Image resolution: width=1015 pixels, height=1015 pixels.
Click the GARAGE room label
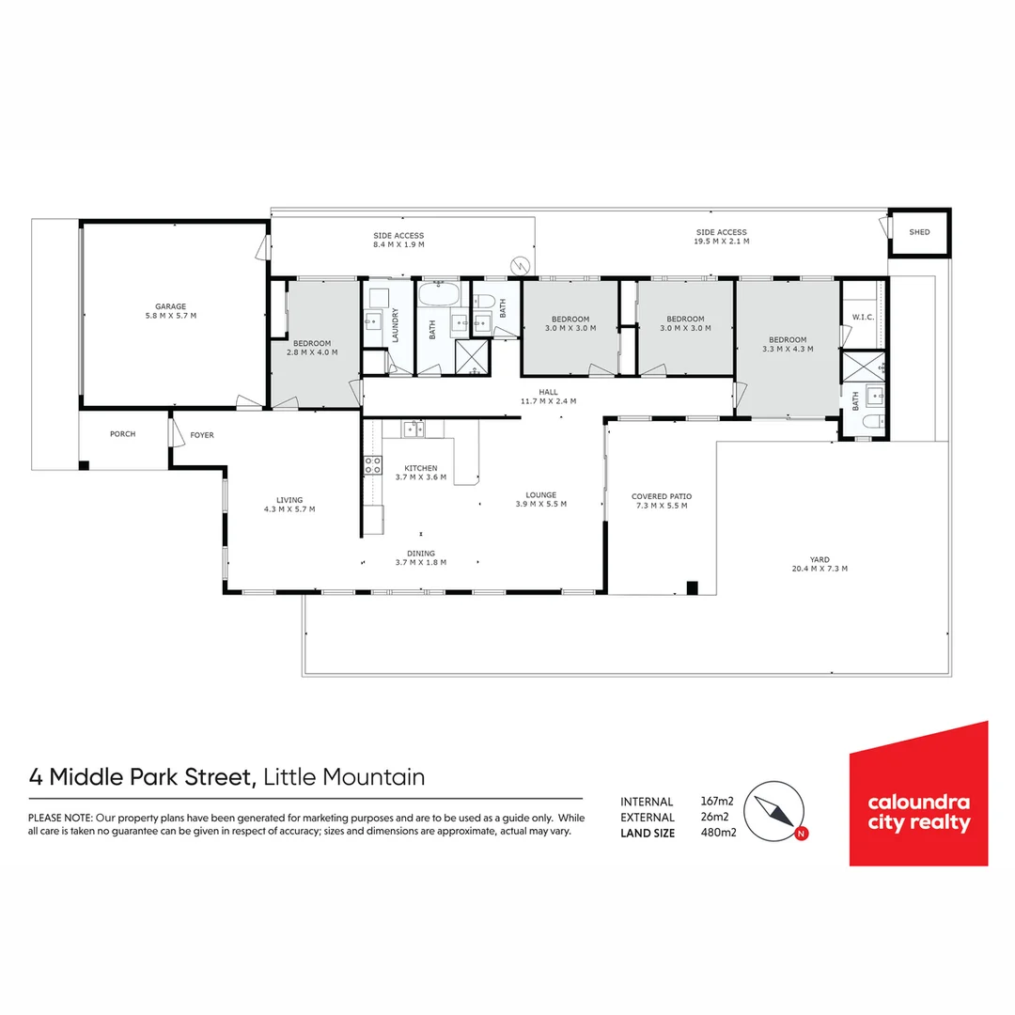pos(171,305)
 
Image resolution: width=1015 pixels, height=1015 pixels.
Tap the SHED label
pos(919,232)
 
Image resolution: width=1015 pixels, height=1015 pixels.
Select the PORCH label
pos(122,434)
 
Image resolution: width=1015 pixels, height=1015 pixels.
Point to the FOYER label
pos(202,435)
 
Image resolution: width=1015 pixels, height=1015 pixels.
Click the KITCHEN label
pos(421,468)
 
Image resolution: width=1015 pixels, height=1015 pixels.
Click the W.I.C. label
pos(863,318)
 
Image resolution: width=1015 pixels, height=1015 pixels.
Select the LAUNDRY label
pos(396,325)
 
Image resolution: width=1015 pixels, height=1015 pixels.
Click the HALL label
pos(548,392)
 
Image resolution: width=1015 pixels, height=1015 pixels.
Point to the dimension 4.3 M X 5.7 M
pos(289,509)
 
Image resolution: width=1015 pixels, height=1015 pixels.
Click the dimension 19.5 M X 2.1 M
pos(721,242)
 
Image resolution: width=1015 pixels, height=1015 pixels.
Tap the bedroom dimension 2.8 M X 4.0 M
pos(311,352)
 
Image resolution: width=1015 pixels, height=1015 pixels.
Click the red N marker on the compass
pos(800,833)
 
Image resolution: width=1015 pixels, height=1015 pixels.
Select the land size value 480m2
pos(717,833)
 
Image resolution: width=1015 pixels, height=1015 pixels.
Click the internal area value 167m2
pos(717,802)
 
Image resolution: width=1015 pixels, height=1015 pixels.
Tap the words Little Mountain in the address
pos(344,777)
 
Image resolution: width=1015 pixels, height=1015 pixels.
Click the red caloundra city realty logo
pos(918,794)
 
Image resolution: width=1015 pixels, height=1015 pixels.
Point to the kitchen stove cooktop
pos(372,462)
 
